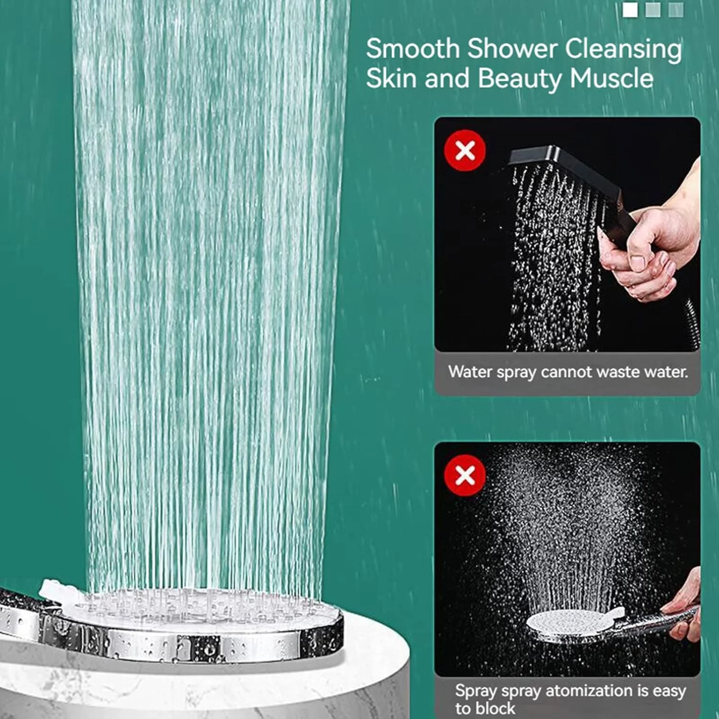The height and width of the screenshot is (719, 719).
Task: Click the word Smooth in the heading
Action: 413,48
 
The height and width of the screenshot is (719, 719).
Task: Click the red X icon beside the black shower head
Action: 465,151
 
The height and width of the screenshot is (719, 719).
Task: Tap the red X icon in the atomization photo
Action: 465,475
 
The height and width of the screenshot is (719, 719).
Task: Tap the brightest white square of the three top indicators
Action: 630,10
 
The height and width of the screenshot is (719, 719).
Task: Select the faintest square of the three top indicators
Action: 676,10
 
